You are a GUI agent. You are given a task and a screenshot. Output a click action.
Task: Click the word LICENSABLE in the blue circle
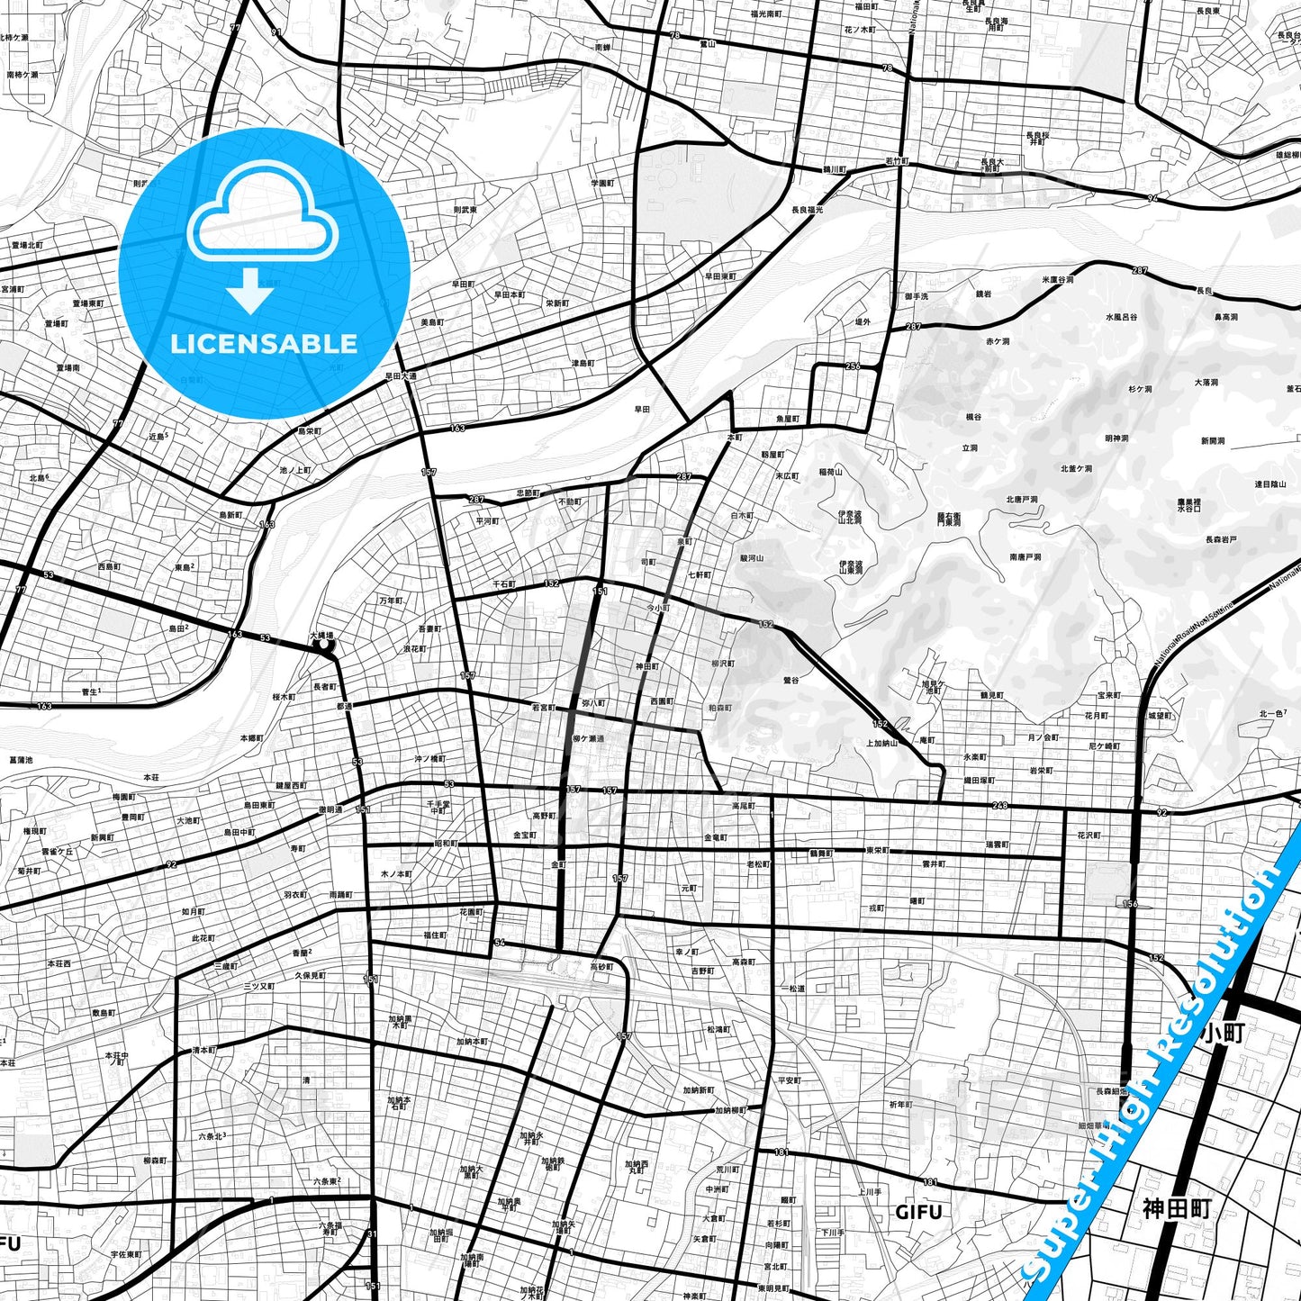coord(264,343)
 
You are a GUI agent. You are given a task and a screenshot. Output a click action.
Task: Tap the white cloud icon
coord(263,221)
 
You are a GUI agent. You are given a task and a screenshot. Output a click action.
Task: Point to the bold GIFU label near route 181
coord(918,1212)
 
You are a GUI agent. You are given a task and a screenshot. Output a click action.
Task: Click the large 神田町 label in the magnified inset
coord(1177,1208)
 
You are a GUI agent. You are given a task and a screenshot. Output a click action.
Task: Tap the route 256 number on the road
coord(853,366)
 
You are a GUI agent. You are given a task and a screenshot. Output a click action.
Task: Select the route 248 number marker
coord(999,806)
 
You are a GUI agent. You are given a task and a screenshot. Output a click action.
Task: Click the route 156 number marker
coord(1131,903)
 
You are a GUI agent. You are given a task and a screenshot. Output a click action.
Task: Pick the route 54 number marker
coord(499,943)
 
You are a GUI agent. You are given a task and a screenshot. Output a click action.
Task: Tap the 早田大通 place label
coord(401,376)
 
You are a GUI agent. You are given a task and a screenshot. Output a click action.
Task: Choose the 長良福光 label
coord(807,210)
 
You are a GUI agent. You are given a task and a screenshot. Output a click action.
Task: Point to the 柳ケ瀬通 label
coord(589,738)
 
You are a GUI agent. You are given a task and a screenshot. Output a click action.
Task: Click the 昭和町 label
coord(446,844)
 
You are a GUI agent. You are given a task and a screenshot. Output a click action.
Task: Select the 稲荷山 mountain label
coord(830,471)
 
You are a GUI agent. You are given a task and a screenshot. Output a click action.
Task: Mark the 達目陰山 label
coord(1271,484)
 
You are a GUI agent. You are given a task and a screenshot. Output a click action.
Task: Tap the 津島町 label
coord(583,363)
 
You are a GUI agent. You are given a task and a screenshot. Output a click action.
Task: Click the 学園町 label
coord(601,183)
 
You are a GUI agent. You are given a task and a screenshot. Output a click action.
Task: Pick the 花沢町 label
coord(1089,836)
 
